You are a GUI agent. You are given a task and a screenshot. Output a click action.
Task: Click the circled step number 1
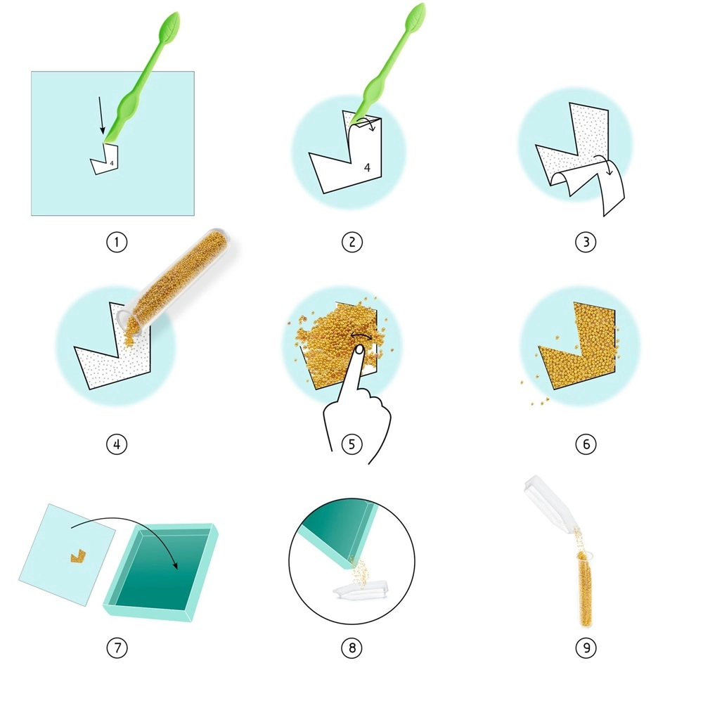click(117, 242)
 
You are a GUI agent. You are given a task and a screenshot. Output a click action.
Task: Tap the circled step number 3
click(586, 242)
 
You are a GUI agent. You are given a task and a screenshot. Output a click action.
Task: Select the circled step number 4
click(117, 444)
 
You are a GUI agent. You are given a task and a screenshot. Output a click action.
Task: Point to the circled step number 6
click(586, 444)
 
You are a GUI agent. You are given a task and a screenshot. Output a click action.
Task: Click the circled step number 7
click(117, 647)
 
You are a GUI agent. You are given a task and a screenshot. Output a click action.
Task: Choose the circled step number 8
click(351, 647)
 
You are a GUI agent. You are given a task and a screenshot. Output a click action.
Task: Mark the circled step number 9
click(586, 647)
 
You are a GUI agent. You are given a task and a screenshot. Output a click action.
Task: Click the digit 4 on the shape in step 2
click(367, 168)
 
